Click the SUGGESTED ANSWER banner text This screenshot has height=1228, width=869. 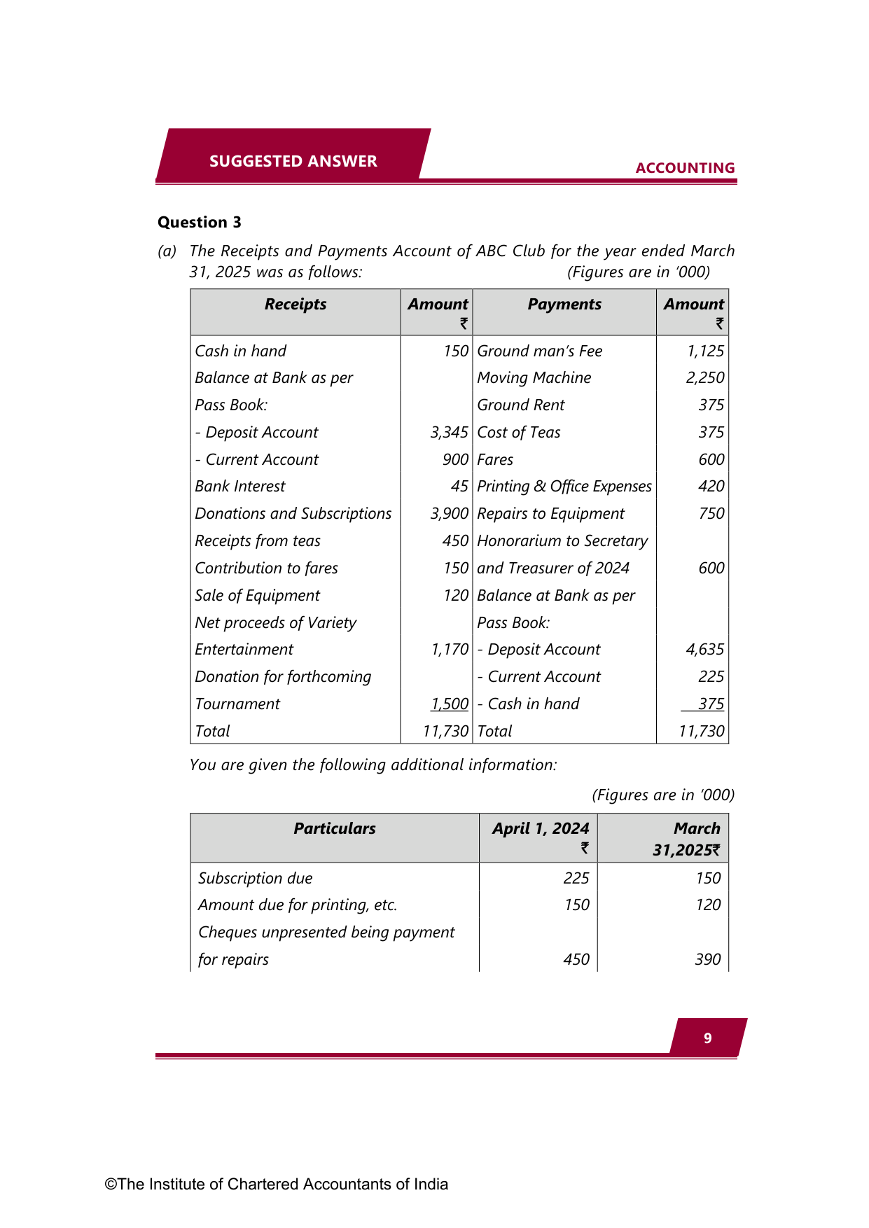tap(293, 161)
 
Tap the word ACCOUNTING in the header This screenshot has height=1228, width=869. tap(685, 168)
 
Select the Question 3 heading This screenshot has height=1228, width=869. tap(200, 223)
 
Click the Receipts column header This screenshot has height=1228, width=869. tap(296, 305)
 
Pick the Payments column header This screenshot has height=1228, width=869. tap(564, 305)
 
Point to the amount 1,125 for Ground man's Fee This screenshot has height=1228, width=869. tap(705, 351)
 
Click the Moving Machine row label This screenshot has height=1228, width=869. tap(534, 378)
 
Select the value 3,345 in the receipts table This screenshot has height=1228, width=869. tap(449, 433)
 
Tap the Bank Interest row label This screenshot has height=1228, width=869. tap(240, 487)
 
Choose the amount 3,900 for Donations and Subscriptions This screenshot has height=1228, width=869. tap(449, 514)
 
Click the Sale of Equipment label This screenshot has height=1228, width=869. tap(257, 596)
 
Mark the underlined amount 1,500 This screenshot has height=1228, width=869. tap(450, 704)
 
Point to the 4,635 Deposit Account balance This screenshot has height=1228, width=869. tap(704, 650)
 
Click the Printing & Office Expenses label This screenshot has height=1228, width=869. tap(564, 487)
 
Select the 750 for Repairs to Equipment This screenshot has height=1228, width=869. tap(711, 514)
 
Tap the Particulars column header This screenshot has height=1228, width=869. tap(335, 829)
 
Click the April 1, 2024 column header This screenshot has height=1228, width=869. tap(541, 829)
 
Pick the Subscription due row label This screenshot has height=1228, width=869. tap(256, 879)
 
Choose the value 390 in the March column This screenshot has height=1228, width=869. tap(707, 960)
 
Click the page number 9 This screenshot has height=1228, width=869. tap(708, 1038)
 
